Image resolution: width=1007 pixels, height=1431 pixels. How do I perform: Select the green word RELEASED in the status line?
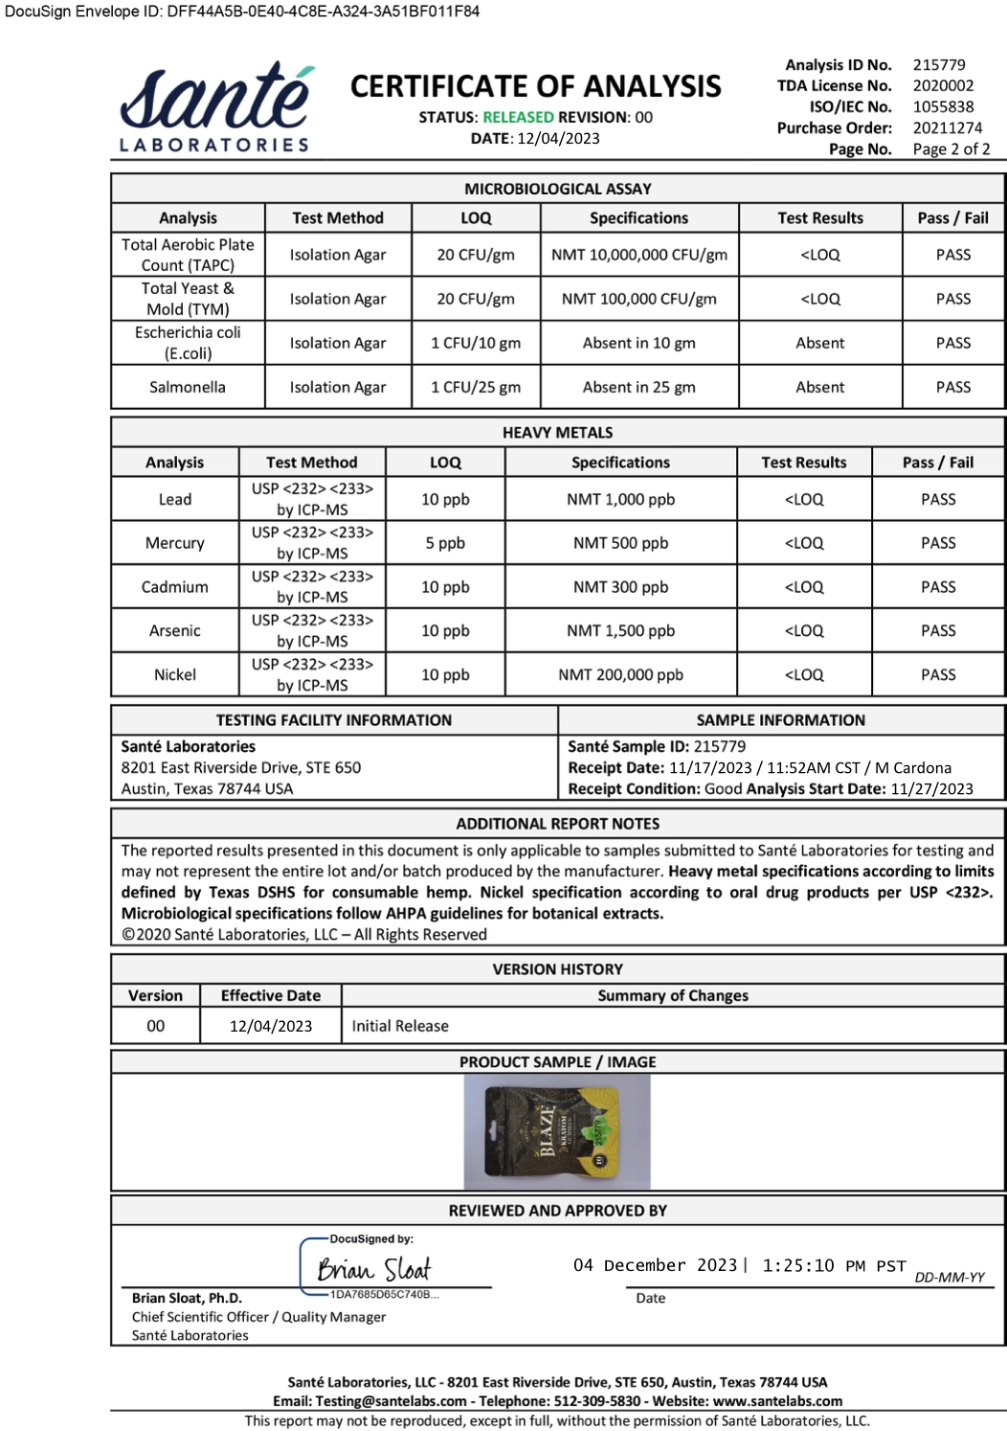[x=518, y=117]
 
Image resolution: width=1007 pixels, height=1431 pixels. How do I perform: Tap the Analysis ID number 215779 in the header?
[x=939, y=65]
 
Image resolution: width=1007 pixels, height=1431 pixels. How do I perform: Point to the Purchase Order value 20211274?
[x=947, y=128]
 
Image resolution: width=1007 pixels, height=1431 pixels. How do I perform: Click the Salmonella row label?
[x=188, y=387]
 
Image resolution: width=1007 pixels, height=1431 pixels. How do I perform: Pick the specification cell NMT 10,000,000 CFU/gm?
[x=639, y=255]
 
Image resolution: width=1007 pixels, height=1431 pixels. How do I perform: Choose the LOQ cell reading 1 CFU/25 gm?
[x=476, y=387]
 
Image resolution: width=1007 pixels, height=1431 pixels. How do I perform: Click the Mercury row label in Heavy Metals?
[x=175, y=543]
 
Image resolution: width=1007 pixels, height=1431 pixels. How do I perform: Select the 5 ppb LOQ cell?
[x=445, y=543]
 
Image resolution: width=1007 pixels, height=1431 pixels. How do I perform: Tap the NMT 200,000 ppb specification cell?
[x=621, y=674]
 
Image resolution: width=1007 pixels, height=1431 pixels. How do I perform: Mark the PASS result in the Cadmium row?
[x=938, y=587]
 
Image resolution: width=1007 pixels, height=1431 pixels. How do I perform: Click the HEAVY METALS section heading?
[x=558, y=433]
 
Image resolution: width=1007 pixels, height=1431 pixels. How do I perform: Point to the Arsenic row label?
[x=175, y=631]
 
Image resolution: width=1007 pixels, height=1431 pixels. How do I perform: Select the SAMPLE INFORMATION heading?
[x=780, y=720]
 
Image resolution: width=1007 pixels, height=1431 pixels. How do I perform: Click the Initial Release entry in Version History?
[x=400, y=1026]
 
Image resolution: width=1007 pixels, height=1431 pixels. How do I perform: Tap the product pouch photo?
[x=556, y=1131]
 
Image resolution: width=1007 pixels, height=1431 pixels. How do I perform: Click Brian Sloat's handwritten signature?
[x=374, y=1269]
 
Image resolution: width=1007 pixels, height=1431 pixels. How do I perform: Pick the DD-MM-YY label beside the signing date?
[x=950, y=1278]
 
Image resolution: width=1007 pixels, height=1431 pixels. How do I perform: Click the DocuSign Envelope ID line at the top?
[x=242, y=11]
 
